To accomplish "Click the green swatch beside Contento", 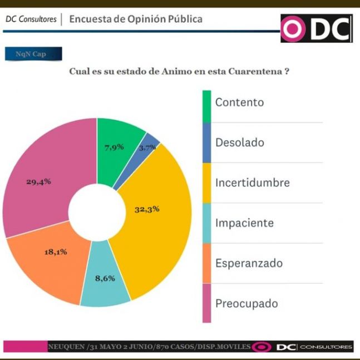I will click(x=206, y=102).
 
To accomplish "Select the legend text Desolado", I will click(x=239, y=142).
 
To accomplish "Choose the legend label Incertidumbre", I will click(x=252, y=183).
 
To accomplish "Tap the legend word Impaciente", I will click(x=244, y=223).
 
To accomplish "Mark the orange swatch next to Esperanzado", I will click(x=206, y=263).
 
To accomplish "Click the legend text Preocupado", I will click(x=246, y=303).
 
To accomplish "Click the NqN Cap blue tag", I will click(x=33, y=54).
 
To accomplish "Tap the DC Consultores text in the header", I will click(x=31, y=19).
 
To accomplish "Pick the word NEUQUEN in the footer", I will click(x=66, y=346).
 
